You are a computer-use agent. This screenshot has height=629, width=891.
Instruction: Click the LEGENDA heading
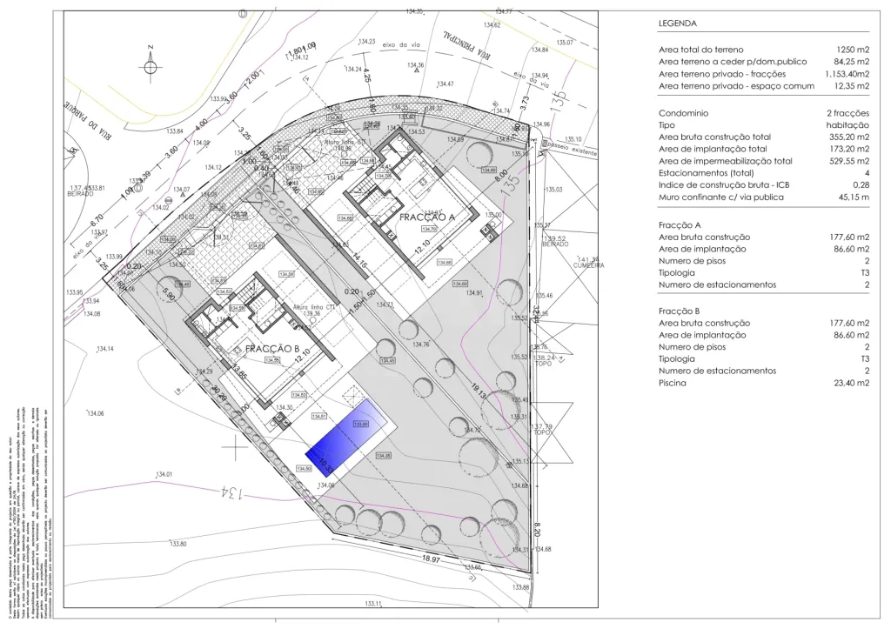tap(679, 23)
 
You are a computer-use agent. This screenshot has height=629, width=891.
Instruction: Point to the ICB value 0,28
tap(861, 184)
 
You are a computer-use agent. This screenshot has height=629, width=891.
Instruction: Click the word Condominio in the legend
tap(684, 113)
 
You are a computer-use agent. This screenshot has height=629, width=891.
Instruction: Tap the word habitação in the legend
tap(847, 125)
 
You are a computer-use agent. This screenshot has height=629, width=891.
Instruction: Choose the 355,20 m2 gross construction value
tap(847, 137)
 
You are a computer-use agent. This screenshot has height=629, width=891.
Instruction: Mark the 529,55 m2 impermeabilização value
tap(847, 161)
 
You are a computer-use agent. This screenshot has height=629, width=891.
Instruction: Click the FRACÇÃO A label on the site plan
tap(428, 217)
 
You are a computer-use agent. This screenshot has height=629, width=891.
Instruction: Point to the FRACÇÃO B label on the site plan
tap(274, 349)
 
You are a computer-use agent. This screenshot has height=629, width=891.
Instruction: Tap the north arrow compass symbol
tap(151, 66)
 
